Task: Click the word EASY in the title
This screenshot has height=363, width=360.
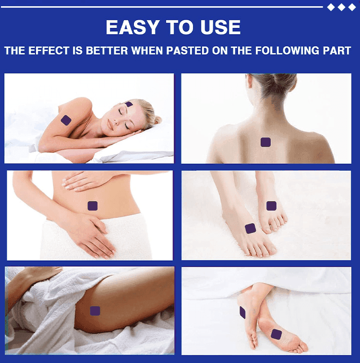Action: [x=133, y=27]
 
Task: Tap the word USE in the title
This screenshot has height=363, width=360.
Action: [x=220, y=27]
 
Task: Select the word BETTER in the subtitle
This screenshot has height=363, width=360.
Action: [x=107, y=51]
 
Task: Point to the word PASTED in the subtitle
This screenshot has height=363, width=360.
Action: [x=188, y=51]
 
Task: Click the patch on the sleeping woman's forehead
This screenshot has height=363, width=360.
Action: [x=129, y=104]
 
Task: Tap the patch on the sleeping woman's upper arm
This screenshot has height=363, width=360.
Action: [x=66, y=120]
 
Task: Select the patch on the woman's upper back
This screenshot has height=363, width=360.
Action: [x=266, y=142]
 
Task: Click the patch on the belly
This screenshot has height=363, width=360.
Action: [x=93, y=206]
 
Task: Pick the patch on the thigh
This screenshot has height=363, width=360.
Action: [x=95, y=311]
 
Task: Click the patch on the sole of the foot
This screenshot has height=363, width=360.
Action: [x=276, y=334]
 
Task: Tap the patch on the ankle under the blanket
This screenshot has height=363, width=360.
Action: [x=242, y=312]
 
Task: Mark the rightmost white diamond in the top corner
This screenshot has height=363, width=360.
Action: [x=352, y=7]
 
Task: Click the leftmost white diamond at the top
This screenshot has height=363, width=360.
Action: [x=331, y=7]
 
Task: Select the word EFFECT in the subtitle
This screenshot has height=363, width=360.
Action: [x=48, y=51]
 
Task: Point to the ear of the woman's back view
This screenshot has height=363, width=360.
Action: [x=249, y=81]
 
